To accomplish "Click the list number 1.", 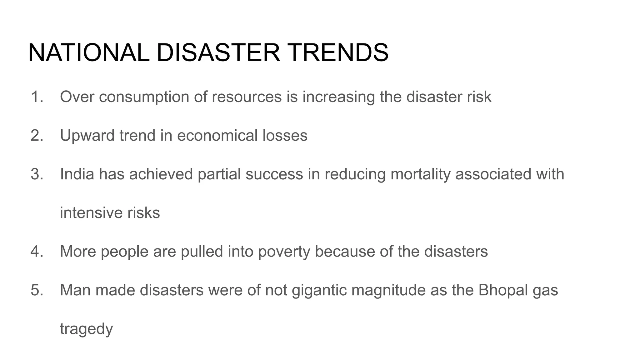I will pos(37,97).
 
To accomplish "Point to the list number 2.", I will pos(37,136).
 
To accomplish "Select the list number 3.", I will pos(37,174).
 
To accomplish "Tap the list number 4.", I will pos(37,252).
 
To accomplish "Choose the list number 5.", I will pos(37,290).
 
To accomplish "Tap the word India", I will pos(77,174).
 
